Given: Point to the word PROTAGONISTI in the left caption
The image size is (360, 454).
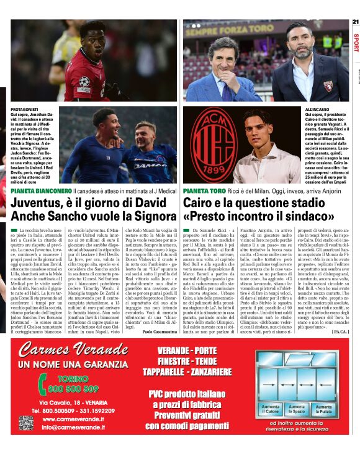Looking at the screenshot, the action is click(25, 109).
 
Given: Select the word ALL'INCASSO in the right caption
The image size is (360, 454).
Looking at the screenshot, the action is click(317, 109).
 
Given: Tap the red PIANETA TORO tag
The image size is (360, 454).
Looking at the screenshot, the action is click(204, 191).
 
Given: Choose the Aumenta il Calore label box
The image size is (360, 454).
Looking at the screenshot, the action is click(271, 409).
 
